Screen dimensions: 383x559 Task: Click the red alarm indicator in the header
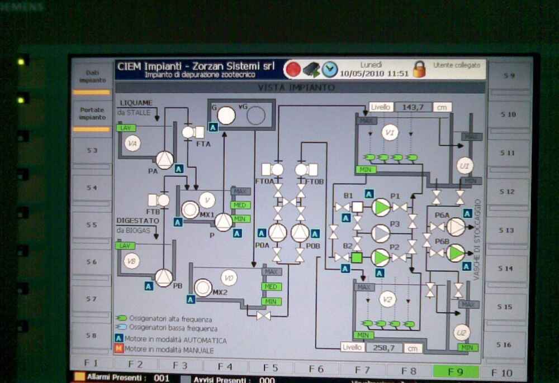[292, 69]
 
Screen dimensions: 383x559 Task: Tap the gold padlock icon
[419, 69]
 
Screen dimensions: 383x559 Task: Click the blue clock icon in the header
[330, 69]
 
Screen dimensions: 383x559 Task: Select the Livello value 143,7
[413, 107]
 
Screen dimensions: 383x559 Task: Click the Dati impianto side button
[92, 77]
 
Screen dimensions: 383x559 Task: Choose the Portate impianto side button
[92, 114]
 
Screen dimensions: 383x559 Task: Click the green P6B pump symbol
[456, 252]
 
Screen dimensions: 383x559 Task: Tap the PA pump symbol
[164, 160]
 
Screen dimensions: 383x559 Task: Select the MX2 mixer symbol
[203, 288]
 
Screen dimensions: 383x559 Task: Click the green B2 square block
[357, 257]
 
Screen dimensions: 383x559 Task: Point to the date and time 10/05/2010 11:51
[374, 74]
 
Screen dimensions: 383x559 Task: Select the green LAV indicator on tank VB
[125, 246]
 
